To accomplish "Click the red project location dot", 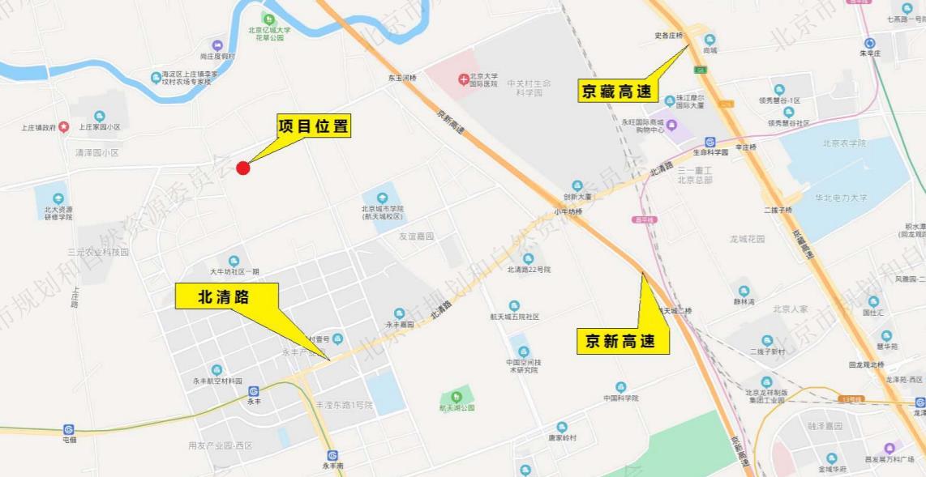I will point(242,168).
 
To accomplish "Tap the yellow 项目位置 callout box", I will point(314,126).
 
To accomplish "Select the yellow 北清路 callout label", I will point(226,296).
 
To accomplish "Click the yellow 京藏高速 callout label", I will point(618,91).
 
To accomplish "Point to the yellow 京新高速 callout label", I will point(623,341).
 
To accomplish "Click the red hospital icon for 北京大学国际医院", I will point(463,79).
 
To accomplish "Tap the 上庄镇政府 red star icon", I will point(63,127).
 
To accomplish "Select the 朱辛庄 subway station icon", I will point(870,43).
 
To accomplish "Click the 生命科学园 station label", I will point(710,152).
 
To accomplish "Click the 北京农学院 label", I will point(845,143).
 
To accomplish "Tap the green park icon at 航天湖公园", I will point(457,396).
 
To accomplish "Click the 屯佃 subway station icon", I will point(69,429).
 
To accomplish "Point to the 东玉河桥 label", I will point(401,79).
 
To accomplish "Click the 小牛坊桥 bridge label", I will point(568,212).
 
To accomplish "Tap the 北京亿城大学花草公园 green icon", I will point(268,19).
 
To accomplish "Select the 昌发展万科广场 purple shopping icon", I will point(890,448).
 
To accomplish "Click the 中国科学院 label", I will point(621,398).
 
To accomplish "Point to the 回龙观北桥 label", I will point(865,365).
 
